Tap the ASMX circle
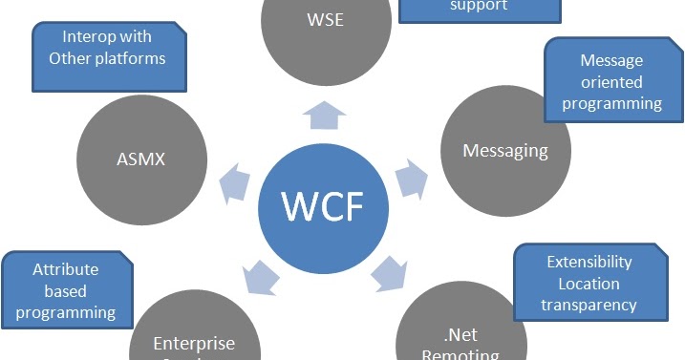(142, 159)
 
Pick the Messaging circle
(505, 151)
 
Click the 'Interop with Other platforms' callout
(108, 54)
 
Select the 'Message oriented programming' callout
(605, 80)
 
